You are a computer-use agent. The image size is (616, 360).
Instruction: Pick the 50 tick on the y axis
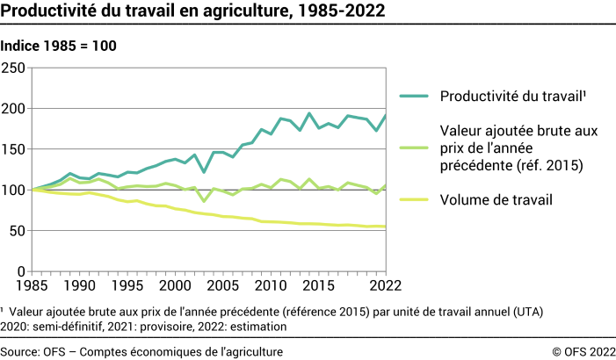pyautogui.click(x=18, y=231)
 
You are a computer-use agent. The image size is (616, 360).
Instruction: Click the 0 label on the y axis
pyautogui.click(x=22, y=271)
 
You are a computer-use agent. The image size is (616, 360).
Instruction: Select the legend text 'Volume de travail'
pyautogui.click(x=496, y=200)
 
